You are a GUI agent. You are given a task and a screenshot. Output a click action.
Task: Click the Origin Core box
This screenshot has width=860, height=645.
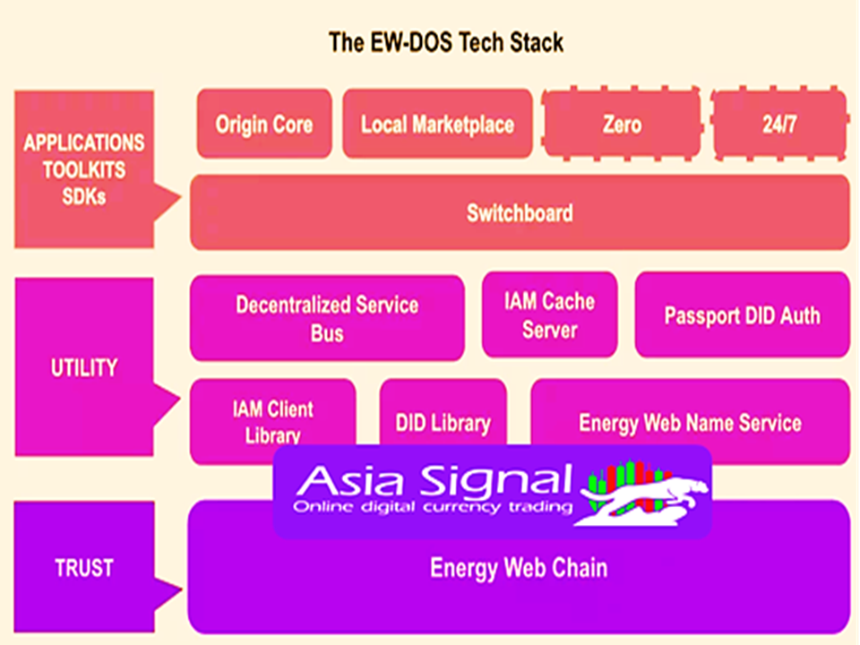coord(264,124)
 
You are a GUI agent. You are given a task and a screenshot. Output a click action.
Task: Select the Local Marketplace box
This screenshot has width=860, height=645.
coord(437,124)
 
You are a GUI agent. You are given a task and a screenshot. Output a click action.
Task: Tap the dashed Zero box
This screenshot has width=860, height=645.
coord(622,124)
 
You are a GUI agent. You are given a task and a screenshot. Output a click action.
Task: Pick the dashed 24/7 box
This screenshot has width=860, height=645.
coord(778,124)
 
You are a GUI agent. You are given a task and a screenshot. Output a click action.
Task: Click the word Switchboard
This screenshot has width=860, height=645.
coord(520,213)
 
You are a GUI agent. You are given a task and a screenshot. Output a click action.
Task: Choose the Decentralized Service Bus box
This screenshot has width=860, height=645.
coord(327,318)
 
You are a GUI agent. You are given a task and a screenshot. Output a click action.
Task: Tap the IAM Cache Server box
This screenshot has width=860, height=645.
coord(549,314)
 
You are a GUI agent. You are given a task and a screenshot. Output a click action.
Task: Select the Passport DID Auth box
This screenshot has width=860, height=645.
coord(742,314)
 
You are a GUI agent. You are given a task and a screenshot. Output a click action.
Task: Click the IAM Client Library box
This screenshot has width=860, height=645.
coord(272,422)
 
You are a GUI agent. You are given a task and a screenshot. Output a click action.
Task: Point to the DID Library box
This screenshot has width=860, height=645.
coord(443,412)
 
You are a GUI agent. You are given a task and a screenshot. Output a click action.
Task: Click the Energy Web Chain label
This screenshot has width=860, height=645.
coord(519,568)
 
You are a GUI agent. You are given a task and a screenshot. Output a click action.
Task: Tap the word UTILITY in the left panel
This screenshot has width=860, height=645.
coord(84,367)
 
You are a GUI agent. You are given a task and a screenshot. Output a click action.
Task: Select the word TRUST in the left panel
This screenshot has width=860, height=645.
coord(84,568)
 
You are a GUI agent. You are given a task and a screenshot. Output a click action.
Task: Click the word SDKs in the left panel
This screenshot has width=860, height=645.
coord(84,196)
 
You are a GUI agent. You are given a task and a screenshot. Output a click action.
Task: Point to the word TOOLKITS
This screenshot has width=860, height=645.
coord(84,169)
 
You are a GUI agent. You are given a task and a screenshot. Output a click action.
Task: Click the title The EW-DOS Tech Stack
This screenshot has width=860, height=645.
coord(446,42)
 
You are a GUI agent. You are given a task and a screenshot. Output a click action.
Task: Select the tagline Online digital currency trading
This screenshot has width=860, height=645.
coord(433,506)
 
